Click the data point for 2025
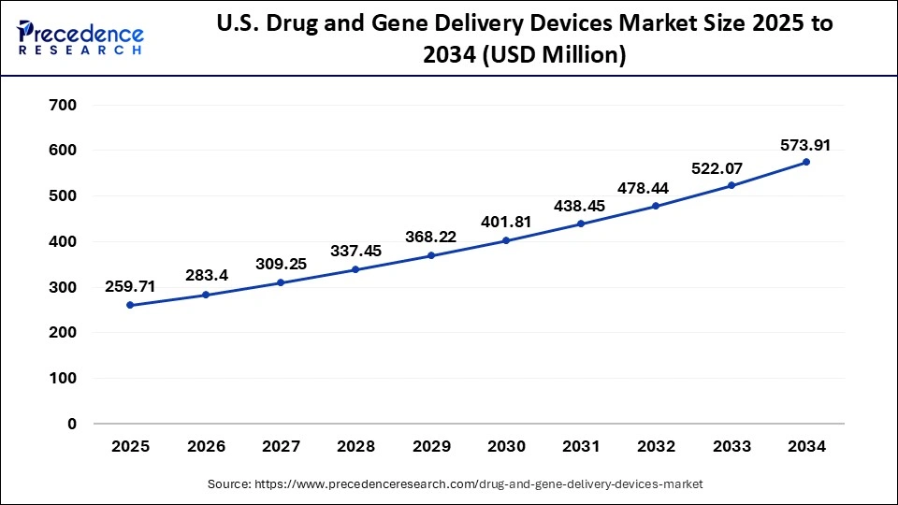coord(130,305)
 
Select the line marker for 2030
coord(506,240)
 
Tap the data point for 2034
coord(806,162)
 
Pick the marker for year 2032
coord(656,206)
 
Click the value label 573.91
coord(805,145)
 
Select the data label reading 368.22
coord(430,238)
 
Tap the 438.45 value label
coord(581,207)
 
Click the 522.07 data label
coord(731,167)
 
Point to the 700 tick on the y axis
coord(63,105)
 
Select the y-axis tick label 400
coord(63,241)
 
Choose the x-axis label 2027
coord(281,447)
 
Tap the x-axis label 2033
coord(731,447)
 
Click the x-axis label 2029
coord(430,447)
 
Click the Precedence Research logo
coord(80,37)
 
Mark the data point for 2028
coord(355,269)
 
